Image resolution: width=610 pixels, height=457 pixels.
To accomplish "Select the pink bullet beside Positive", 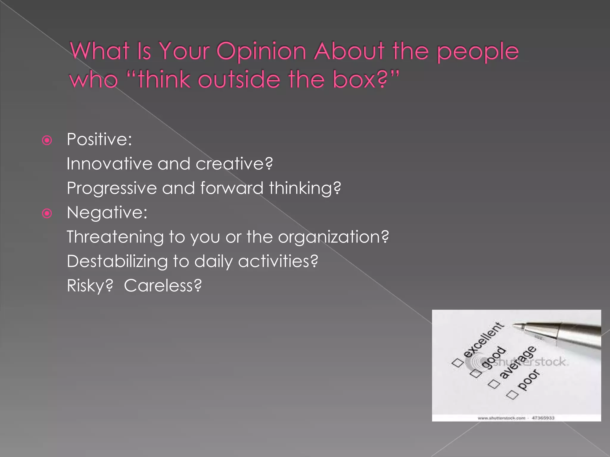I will [x=47, y=140].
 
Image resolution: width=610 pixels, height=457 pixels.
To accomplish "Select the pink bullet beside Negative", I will [x=47, y=213].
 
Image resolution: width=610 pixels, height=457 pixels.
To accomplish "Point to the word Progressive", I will [x=112, y=189].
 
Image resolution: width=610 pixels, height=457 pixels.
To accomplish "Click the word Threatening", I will [x=115, y=237].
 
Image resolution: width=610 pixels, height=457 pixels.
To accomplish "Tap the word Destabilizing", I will [x=117, y=262].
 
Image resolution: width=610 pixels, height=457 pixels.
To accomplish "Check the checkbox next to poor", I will [x=513, y=395].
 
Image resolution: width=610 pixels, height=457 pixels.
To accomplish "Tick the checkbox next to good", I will [x=476, y=373].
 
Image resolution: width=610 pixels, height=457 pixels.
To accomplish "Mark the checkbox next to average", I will [x=494, y=384].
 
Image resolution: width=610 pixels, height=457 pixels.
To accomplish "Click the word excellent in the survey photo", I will [x=483, y=339].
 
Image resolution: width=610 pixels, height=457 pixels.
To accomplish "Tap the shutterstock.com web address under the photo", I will [x=501, y=418].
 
